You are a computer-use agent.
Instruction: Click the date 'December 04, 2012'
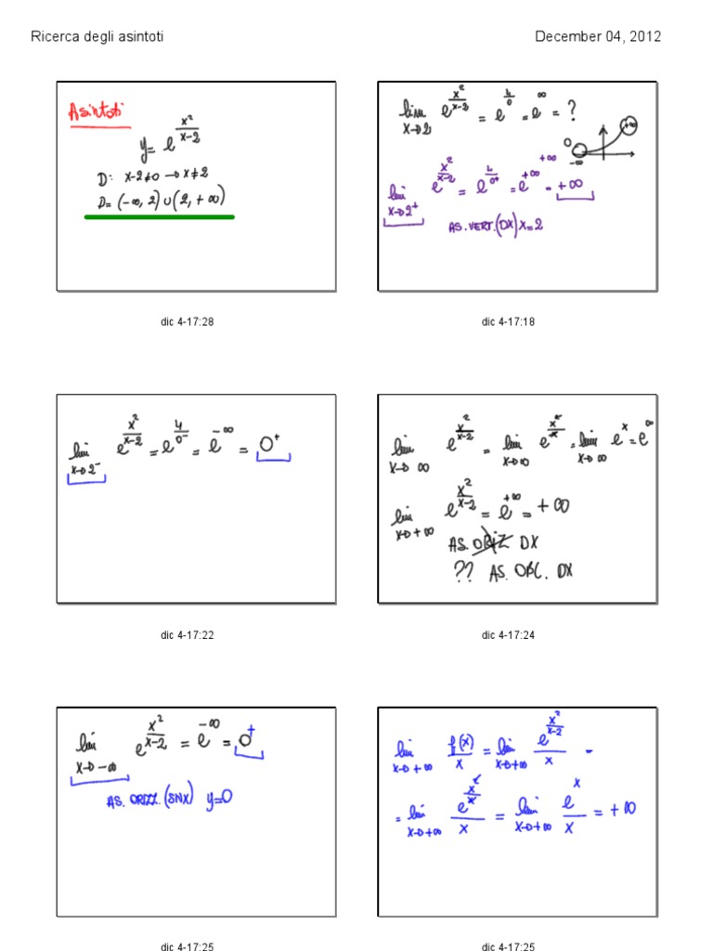598,37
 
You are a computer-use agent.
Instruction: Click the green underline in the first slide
159,216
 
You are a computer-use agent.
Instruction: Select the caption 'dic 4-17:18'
509,322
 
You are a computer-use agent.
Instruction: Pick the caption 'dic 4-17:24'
509,635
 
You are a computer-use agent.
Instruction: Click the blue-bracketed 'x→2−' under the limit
88,473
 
